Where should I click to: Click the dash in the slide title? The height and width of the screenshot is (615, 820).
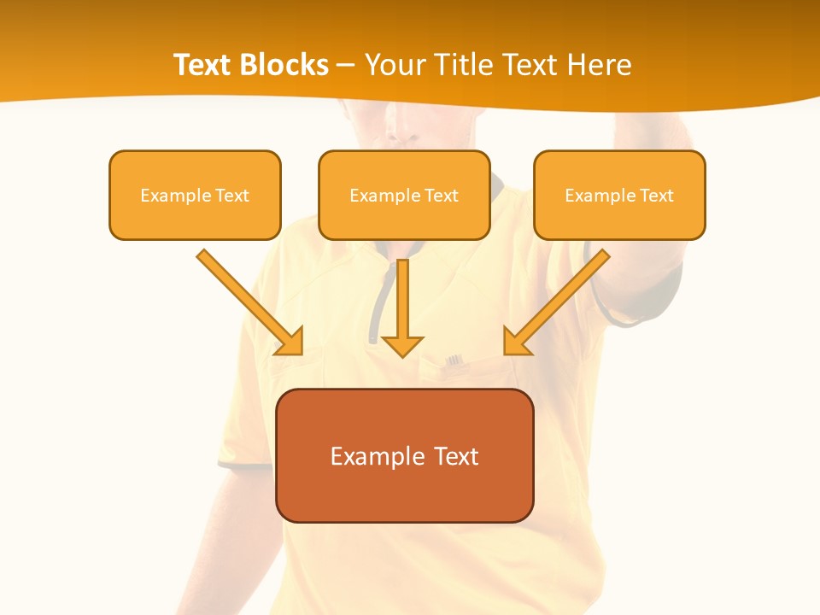[346, 66]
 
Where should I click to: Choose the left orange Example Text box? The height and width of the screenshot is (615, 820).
[195, 195]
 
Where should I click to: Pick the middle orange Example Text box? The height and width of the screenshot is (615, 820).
[404, 195]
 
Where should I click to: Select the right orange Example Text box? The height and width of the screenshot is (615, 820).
[619, 195]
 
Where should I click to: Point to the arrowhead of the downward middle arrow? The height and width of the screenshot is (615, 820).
[402, 345]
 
